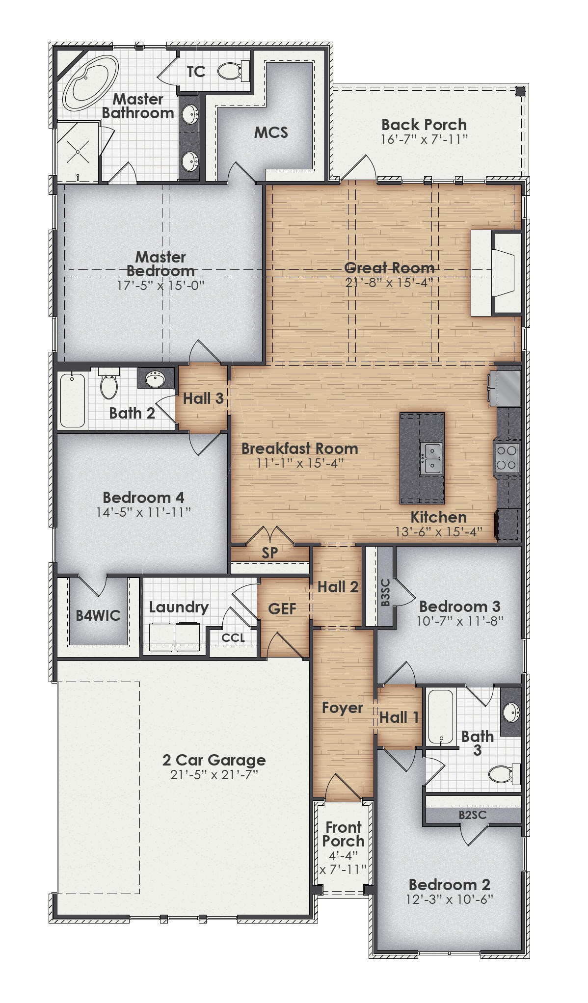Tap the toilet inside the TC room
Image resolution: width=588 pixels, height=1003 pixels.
(230, 71)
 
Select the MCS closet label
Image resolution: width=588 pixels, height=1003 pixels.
(271, 132)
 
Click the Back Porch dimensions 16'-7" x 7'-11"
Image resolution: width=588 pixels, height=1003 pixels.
(424, 139)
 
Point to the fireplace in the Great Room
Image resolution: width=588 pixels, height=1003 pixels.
(496, 273)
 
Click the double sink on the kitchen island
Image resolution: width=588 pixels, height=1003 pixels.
(432, 458)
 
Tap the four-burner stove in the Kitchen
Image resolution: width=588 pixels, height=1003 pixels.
(507, 457)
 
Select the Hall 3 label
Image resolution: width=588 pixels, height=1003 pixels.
(203, 398)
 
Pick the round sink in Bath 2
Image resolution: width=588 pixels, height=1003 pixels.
(156, 379)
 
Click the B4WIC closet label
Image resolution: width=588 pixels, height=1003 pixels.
(98, 615)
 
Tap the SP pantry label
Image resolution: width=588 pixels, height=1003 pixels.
(269, 553)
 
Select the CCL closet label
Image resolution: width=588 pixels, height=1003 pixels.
(233, 638)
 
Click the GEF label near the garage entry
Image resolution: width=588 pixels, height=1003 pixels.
(282, 609)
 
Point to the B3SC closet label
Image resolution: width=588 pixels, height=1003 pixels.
(385, 592)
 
